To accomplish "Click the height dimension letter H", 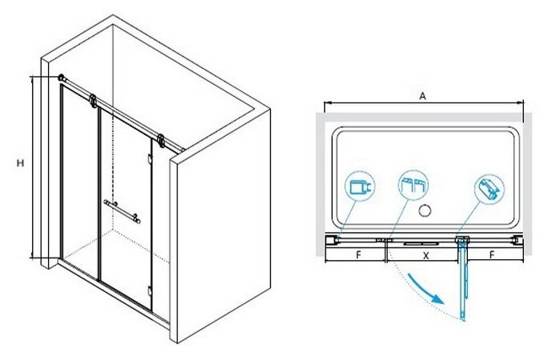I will [x=20, y=163].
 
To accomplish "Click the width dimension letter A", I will [x=422, y=94].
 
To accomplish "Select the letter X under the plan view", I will [x=425, y=257].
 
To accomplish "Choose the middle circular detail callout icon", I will [x=412, y=186].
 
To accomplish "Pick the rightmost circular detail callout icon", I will [x=490, y=190].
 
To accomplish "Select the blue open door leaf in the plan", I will [x=462, y=280].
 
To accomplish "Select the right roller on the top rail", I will [x=162, y=141].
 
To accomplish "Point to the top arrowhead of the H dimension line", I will [x=33, y=78].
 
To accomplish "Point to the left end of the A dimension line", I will [x=325, y=104].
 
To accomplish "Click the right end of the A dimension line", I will [x=522, y=104].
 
